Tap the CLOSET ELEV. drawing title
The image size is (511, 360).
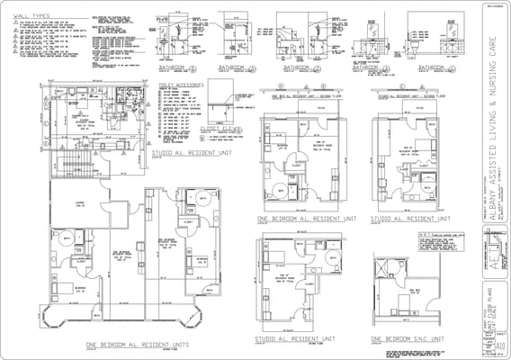tap(217, 129)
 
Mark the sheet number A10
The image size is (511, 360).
tap(499, 343)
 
